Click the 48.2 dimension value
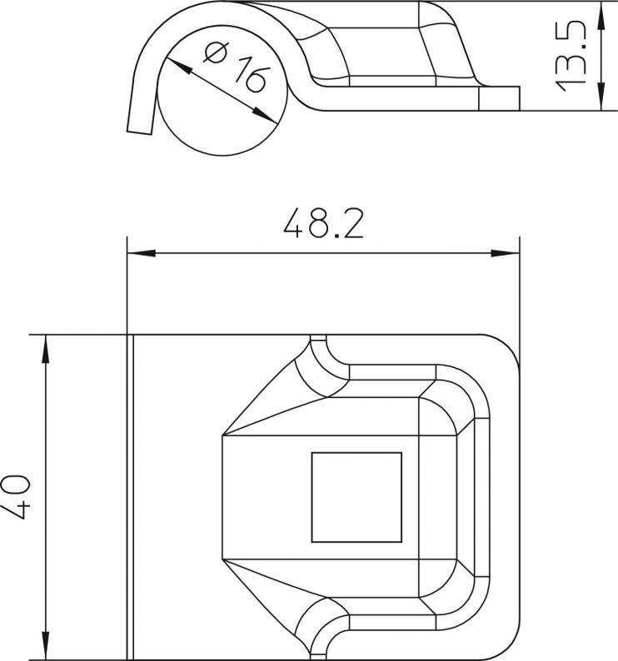pos(323,222)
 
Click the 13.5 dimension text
pos(571,57)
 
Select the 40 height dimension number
pos(16,497)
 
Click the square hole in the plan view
pos(356,498)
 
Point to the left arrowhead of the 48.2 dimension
pos(142,253)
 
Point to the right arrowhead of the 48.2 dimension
pos(506,253)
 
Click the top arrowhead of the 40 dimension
pos(46,350)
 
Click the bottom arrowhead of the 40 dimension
pos(46,645)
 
